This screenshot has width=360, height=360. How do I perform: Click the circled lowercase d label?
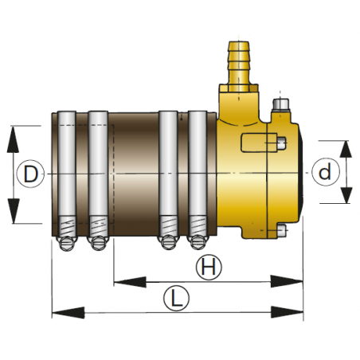click(323, 172)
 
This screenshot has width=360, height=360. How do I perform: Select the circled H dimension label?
click(209, 268)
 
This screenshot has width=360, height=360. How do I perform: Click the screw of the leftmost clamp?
click(67, 239)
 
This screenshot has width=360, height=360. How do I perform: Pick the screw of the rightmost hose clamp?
click(197, 239)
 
